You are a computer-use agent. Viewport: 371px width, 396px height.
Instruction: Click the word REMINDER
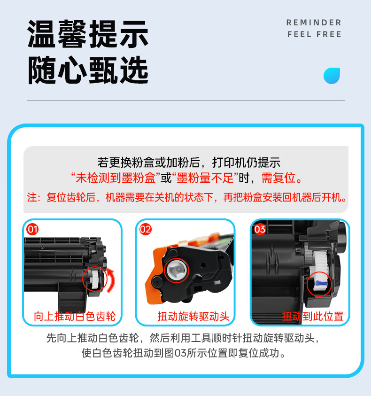314,23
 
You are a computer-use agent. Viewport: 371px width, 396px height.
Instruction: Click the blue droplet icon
332,76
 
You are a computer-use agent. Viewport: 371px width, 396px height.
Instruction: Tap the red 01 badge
32,229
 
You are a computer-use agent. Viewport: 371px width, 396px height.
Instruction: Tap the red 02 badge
146,229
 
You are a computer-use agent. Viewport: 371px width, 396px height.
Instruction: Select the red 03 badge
260,229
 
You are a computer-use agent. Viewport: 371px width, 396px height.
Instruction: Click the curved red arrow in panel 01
111,280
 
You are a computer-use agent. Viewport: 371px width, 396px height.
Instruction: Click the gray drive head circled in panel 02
177,270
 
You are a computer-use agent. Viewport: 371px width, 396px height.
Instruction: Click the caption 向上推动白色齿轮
75,316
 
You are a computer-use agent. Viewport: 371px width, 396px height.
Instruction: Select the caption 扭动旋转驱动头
193,316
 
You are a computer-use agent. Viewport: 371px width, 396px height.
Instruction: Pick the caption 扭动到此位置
313,316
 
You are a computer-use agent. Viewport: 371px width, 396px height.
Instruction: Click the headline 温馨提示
88,34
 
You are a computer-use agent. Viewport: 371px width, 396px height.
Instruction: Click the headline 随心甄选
88,70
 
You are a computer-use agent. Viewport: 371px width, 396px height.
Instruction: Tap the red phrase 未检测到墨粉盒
116,178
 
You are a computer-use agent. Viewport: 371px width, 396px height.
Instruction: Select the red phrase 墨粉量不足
205,178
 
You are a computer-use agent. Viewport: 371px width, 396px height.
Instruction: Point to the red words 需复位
278,178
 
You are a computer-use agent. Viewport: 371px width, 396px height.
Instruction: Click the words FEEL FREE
315,34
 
